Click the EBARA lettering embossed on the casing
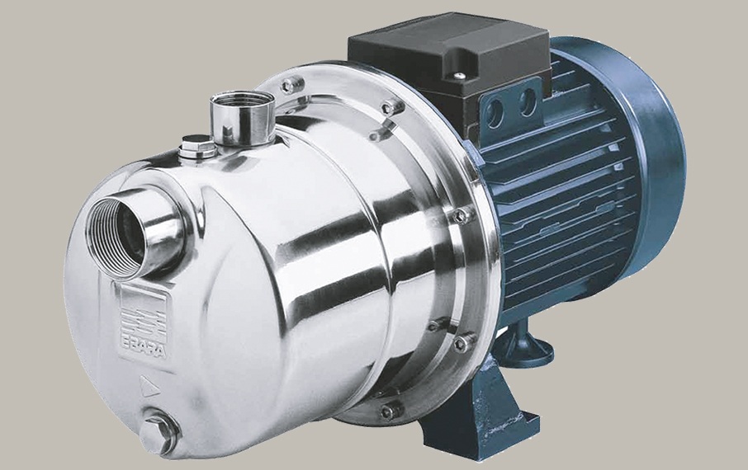[143, 350]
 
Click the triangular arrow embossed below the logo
[149, 386]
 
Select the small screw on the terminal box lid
[458, 75]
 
